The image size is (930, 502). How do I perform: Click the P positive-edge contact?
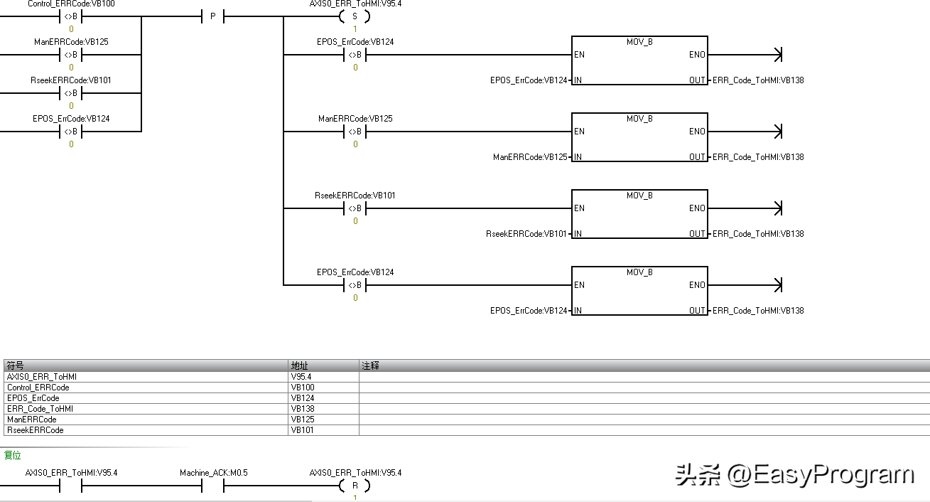coord(212,16)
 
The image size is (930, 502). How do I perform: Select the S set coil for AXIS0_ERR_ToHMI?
coord(355,16)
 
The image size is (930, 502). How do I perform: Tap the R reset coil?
coord(355,486)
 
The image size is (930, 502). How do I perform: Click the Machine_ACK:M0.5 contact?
coord(213,486)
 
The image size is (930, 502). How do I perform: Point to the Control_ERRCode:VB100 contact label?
coord(71,4)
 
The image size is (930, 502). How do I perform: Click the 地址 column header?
coord(299,365)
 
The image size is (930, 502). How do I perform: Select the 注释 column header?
coord(370,365)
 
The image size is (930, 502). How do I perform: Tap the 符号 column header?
coord(15,365)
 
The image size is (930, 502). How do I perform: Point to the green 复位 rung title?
coord(13,455)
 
